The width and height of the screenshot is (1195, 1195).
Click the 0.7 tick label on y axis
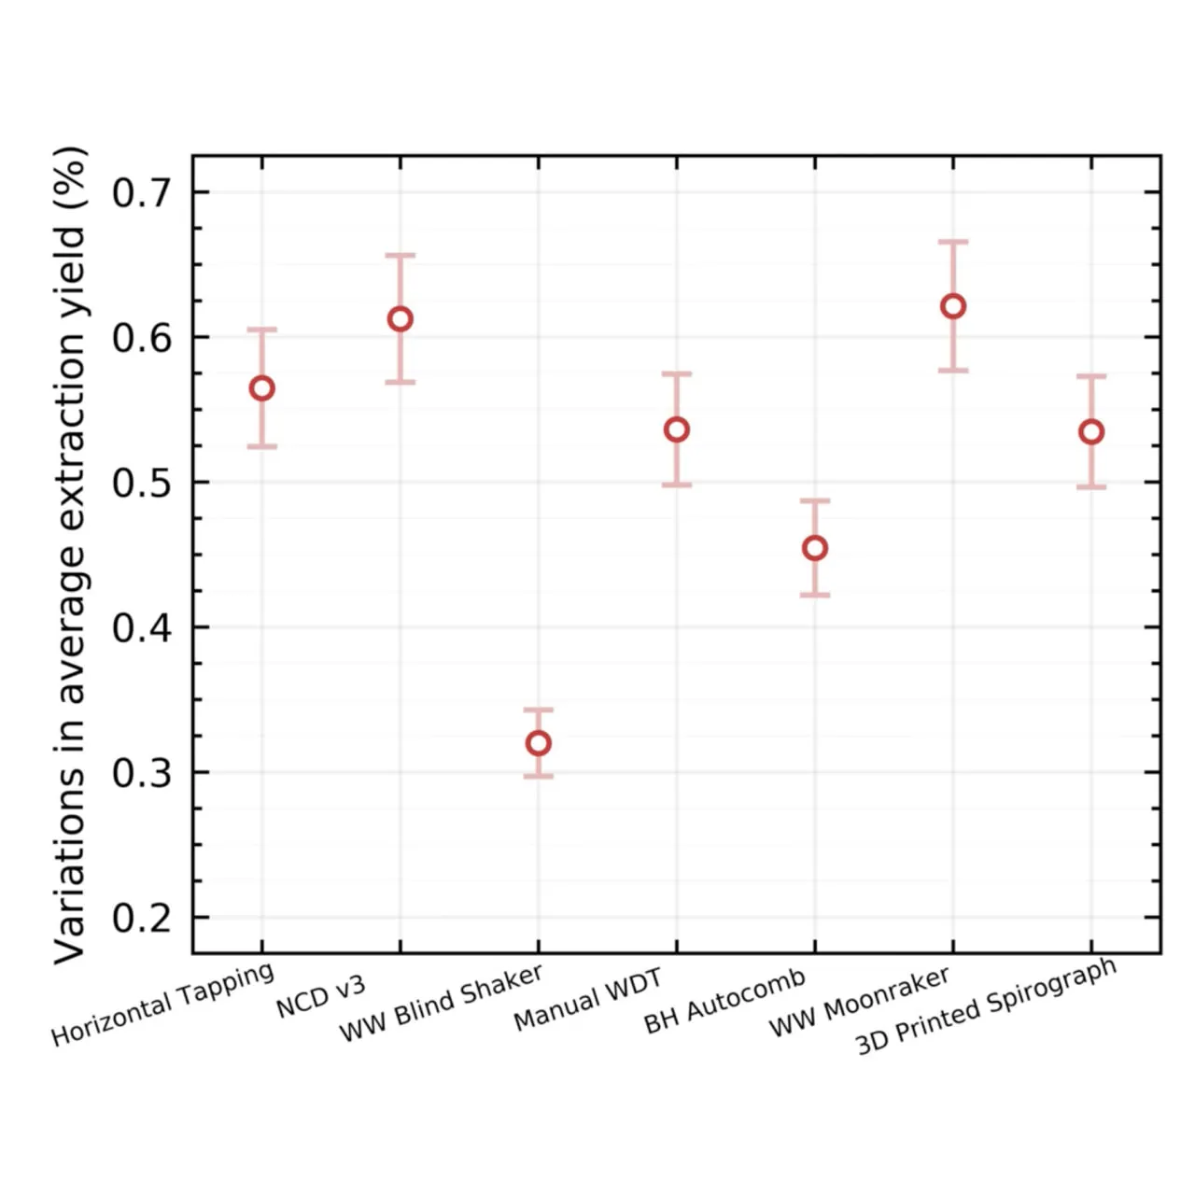click(x=141, y=193)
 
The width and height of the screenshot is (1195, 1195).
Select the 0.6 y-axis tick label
click(x=141, y=338)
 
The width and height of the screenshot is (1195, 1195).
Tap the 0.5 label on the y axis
click(x=141, y=483)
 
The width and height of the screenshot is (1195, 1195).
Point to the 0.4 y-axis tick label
click(x=141, y=628)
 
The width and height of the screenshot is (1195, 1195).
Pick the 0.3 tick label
click(x=141, y=773)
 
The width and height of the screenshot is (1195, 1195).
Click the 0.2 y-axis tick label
click(x=141, y=919)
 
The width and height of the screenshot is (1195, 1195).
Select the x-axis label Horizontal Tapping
click(x=163, y=1004)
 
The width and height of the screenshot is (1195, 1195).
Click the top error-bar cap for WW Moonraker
click(x=953, y=241)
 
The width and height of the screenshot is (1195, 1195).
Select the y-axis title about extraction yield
click(x=70, y=555)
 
